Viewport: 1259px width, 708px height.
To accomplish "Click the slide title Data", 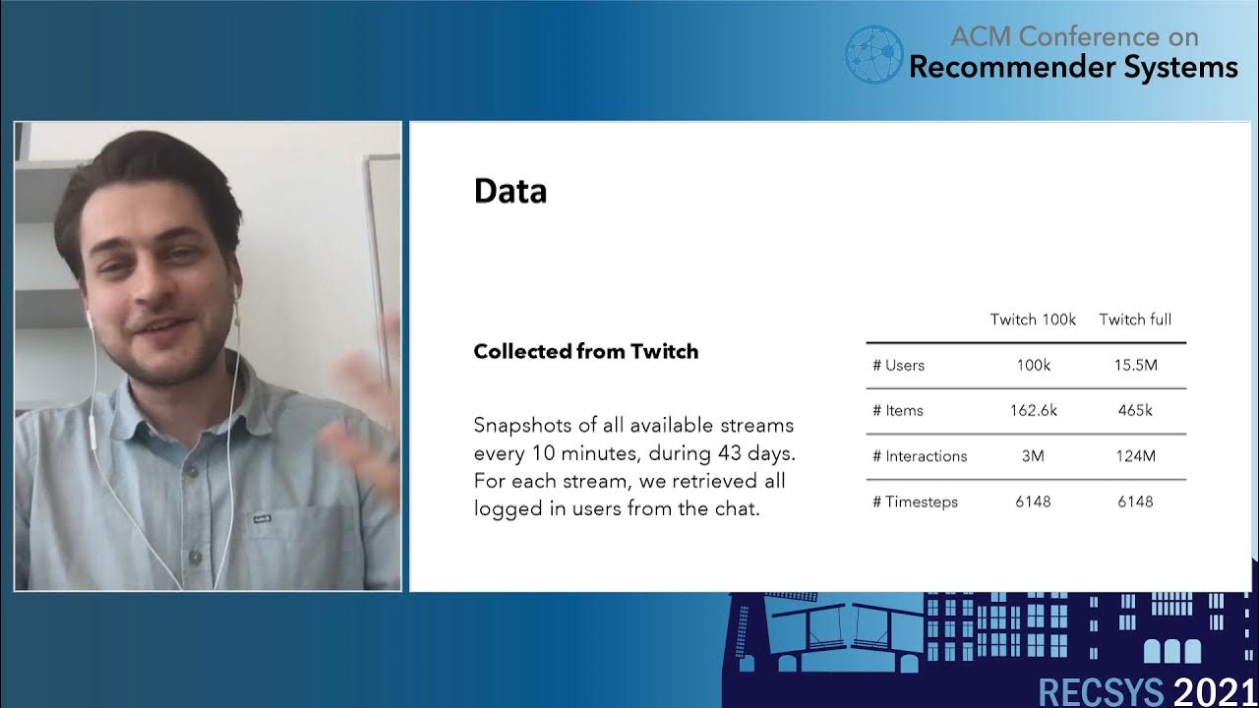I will [x=510, y=191].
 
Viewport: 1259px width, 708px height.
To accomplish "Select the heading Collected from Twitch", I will [x=585, y=352].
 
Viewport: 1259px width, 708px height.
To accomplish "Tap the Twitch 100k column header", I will [x=1033, y=320].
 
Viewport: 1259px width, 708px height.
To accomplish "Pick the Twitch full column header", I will [x=1135, y=320].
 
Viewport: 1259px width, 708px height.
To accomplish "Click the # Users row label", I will [x=898, y=366].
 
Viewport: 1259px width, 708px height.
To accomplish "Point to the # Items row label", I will [x=897, y=411].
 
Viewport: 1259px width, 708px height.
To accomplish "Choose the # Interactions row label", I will [x=919, y=456].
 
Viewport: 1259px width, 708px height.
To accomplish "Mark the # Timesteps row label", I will [x=915, y=501].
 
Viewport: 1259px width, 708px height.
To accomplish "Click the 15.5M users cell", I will [x=1135, y=366].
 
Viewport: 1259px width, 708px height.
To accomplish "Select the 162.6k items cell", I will [x=1033, y=411].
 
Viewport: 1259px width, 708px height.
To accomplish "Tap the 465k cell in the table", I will [x=1135, y=411].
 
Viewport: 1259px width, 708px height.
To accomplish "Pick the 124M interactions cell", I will [x=1135, y=456].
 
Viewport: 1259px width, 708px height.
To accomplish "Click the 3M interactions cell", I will [x=1033, y=456].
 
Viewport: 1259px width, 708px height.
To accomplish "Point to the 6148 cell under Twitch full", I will [x=1135, y=501].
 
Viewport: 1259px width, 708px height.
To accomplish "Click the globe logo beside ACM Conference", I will [x=873, y=53].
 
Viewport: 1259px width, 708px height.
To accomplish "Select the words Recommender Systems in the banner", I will [x=1073, y=67].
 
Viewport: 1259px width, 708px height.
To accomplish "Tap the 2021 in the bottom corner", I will [x=1214, y=691].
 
